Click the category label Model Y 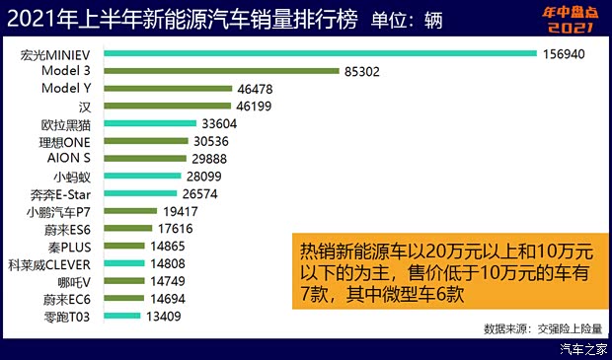[68, 89]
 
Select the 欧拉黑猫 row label [64, 123]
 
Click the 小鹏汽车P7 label [61, 212]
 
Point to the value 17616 [174, 229]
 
